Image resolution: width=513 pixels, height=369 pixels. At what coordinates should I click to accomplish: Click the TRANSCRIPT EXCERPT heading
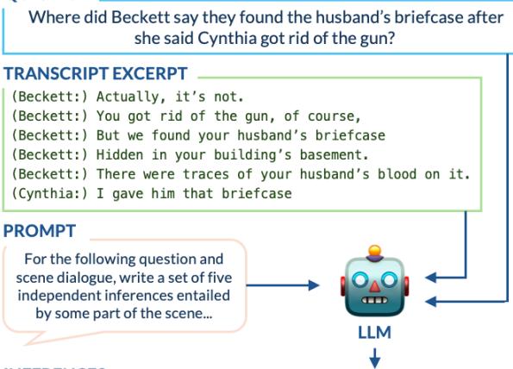coord(95,74)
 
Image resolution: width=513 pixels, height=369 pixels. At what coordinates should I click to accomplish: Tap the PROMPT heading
coord(40,230)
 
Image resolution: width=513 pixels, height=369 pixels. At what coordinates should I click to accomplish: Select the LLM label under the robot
coord(374,332)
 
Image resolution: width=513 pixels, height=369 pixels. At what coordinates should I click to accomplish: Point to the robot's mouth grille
coord(374,301)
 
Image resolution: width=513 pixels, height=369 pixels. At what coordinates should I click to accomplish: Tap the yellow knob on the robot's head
coord(374,253)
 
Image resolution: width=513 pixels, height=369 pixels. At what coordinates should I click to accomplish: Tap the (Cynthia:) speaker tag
coord(48,194)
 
